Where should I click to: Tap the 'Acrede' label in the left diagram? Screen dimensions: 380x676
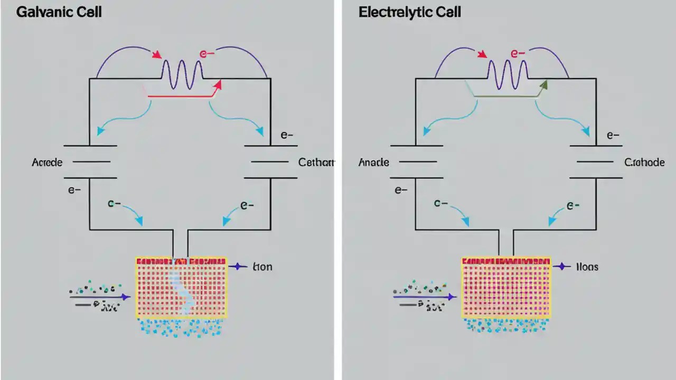pos(47,162)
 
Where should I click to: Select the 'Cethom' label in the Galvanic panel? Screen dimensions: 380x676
pos(316,162)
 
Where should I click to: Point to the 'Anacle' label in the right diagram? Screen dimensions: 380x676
pos(373,162)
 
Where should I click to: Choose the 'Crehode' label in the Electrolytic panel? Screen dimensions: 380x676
pos(644,162)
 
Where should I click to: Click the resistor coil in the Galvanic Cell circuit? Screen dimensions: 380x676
pos(182,71)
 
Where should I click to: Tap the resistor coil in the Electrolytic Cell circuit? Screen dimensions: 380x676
pos(508,71)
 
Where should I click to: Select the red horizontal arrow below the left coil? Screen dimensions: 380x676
pos(182,96)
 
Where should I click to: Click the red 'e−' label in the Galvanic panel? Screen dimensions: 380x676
pos(205,54)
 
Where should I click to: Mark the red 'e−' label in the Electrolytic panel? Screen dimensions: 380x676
pos(518,54)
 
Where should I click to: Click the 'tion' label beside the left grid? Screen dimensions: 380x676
pos(262,267)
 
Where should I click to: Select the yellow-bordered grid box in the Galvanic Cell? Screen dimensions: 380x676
pos(181,288)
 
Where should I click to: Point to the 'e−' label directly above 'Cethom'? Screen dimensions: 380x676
pos(287,135)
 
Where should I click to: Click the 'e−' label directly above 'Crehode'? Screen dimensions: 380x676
pos(613,135)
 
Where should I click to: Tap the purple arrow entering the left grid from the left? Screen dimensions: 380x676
pos(100,297)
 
